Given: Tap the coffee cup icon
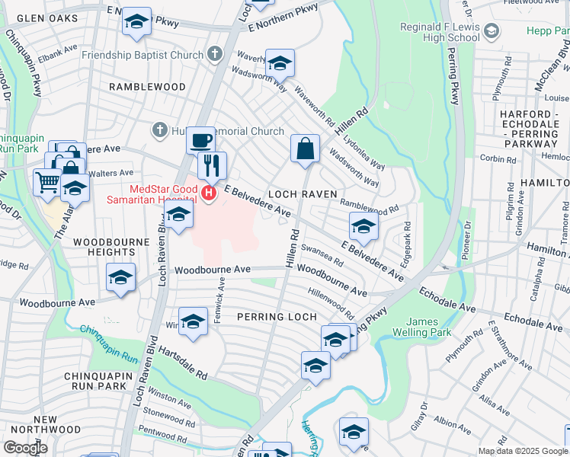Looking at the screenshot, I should point(200,141).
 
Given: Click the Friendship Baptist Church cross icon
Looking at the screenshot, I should point(215,55).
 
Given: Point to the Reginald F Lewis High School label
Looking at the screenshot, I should point(440,32).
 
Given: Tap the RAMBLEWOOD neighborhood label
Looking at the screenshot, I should point(147,87).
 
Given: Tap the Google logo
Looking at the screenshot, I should point(25,448).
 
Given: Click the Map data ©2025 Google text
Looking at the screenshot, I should point(522,451).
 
